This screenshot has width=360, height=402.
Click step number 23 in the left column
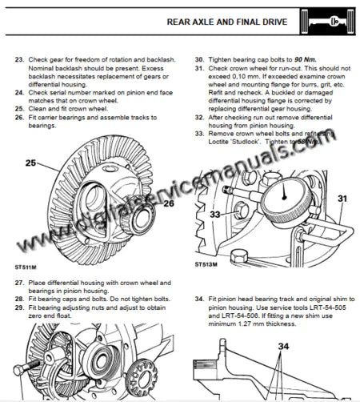(x=19, y=60)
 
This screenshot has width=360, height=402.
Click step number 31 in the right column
(x=199, y=69)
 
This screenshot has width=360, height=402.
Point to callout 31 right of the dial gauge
(x=342, y=198)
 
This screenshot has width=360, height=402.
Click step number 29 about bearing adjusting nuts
(x=19, y=308)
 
